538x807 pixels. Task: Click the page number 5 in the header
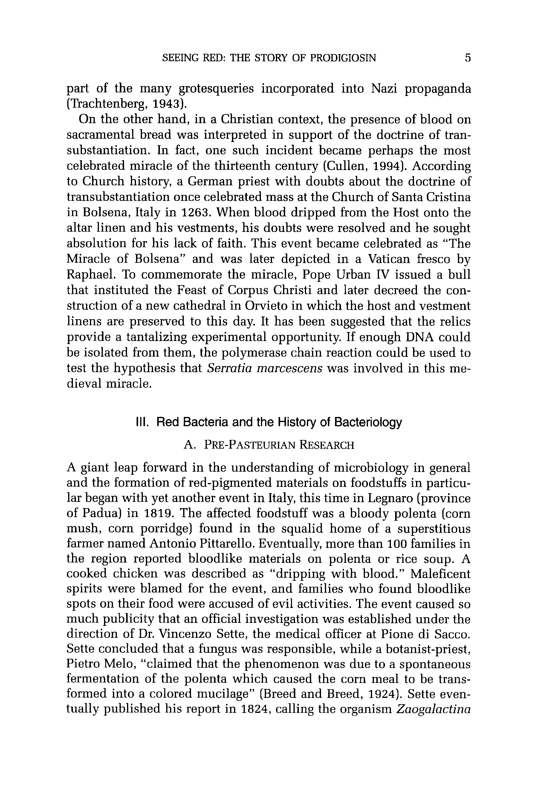(468, 58)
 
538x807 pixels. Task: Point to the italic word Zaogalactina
(433, 709)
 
